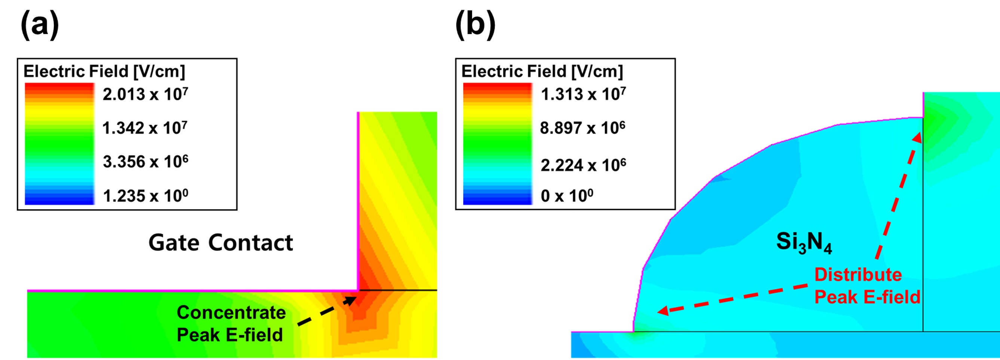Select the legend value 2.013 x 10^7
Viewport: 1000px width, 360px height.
click(145, 94)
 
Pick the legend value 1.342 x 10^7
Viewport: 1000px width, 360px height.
click(144, 128)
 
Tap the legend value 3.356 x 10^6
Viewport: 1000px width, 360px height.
click(145, 162)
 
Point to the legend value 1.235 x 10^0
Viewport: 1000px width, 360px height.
click(145, 196)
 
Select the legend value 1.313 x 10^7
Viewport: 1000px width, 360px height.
click(583, 94)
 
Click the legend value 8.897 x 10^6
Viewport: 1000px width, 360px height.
click(582, 128)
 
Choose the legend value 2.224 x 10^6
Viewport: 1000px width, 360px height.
click(583, 165)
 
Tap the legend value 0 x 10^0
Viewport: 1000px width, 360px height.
click(567, 196)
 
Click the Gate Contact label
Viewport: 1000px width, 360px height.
click(220, 243)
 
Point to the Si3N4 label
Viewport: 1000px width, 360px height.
click(804, 243)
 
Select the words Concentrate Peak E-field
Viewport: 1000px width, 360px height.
click(230, 323)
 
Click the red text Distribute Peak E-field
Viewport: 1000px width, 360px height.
click(866, 286)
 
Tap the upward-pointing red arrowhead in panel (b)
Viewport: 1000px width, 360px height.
click(918, 138)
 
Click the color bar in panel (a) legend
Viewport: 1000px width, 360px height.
click(59, 144)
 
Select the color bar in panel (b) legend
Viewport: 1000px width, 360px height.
click(497, 144)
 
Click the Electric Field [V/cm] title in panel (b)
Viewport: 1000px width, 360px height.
click(542, 71)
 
